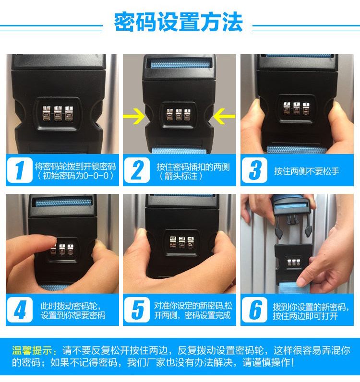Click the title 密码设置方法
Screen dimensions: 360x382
(179, 22)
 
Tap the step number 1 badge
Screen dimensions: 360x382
(20, 170)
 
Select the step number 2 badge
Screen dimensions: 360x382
(137, 170)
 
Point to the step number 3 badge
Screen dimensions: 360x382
(254, 170)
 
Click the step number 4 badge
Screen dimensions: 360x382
(20, 310)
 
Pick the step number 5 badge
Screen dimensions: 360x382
(137, 310)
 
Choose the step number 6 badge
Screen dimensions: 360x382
(254, 310)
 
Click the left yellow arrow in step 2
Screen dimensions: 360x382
(134, 116)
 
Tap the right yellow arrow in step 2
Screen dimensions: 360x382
(224, 116)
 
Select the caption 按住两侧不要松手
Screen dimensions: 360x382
(307, 171)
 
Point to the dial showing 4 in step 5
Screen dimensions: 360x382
(191, 242)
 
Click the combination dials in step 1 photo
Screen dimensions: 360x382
(58, 113)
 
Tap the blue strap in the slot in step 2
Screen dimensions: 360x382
(180, 64)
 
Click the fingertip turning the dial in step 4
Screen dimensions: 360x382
(49, 241)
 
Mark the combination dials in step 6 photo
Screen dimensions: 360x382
(294, 263)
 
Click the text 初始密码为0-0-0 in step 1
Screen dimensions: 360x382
(75, 176)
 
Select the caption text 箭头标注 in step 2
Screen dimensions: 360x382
(181, 176)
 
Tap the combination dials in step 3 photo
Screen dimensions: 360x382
(296, 108)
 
